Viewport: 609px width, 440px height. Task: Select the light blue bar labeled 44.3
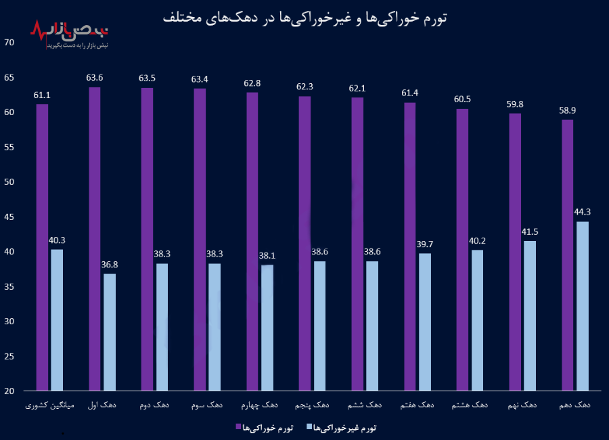pos(583,306)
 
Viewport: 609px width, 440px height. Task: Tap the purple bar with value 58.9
pos(567,255)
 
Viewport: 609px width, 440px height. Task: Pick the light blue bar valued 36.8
pos(110,332)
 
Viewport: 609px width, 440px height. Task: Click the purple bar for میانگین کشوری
pos(42,247)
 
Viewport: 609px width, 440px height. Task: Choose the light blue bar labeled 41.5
pos(530,315)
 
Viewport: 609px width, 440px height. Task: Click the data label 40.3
pos(57,240)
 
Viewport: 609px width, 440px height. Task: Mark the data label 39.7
pos(425,244)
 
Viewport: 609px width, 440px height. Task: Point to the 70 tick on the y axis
pos(9,42)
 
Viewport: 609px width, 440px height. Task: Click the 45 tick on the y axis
pos(9,217)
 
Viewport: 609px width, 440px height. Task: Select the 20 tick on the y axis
pos(9,391)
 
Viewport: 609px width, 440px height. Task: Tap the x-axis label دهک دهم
pos(575,405)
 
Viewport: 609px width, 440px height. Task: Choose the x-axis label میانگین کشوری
pos(49,405)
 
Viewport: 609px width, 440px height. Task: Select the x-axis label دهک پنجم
pos(312,405)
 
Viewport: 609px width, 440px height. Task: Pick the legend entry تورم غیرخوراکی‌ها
pos(341,427)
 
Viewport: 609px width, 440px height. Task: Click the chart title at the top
pos(304,16)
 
